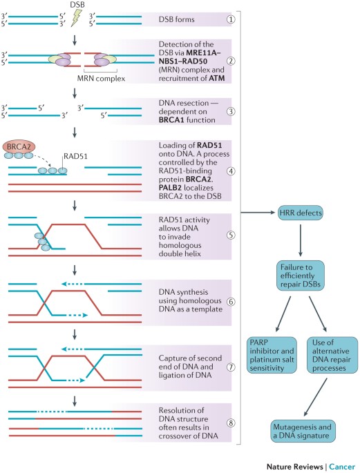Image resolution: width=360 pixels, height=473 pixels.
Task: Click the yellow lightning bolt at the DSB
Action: (76, 18)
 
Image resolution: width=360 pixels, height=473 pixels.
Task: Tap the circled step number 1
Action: (231, 19)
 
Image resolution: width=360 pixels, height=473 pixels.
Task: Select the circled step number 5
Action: (231, 235)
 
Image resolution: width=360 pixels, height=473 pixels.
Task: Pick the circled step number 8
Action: (231, 423)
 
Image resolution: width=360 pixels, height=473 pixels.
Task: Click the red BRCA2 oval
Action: (19, 147)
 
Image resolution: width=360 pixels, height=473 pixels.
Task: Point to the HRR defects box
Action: (301, 213)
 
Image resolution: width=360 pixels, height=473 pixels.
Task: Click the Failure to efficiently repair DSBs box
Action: (301, 276)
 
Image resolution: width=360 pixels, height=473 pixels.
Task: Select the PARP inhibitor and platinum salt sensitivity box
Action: (272, 355)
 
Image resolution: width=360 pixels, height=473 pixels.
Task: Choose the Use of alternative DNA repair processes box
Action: (332, 355)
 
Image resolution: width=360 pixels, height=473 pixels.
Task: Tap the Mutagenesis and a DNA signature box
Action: (303, 431)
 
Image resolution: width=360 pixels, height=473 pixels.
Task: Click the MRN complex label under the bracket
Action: (101, 79)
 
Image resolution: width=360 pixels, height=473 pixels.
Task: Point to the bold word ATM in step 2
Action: (217, 79)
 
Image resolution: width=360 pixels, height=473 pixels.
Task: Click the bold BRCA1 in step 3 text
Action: (171, 119)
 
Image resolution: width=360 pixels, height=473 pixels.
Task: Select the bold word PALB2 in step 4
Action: (170, 188)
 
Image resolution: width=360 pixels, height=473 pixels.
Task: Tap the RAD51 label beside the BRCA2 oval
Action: (75, 156)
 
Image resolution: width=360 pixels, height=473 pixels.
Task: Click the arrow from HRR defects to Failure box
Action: (301, 240)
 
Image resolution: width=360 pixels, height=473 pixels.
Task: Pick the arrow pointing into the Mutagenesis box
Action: (315, 397)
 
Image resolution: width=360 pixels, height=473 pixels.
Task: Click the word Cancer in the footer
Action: (342, 467)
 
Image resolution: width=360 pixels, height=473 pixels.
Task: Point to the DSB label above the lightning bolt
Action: (77, 4)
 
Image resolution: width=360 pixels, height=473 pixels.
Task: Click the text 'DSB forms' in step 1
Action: (176, 19)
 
